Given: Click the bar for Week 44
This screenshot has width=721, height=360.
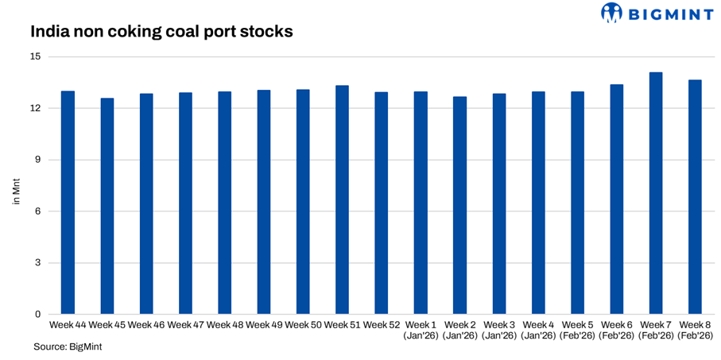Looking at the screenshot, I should click(68, 203).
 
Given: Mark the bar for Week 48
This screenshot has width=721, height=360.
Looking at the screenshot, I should click(224, 203).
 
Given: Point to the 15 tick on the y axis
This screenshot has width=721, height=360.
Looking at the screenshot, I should click(37, 57).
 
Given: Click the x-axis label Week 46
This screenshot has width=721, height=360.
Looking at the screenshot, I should click(145, 325).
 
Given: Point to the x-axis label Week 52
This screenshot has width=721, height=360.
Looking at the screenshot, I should click(381, 325).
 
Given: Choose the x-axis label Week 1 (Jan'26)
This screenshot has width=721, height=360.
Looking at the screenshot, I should click(421, 331).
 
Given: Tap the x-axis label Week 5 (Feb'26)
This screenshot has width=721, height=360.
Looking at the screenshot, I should click(577, 331).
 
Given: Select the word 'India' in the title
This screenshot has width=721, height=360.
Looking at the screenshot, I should click(48, 33).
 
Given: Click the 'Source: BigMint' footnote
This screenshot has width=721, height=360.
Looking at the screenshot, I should click(68, 347).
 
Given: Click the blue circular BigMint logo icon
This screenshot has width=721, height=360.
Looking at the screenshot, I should click(611, 13).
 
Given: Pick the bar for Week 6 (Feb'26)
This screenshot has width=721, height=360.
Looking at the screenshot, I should click(616, 199).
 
